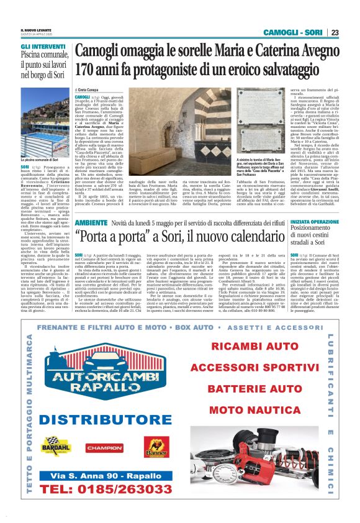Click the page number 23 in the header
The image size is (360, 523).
(335, 32)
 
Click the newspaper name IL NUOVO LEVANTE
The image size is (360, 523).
(35, 30)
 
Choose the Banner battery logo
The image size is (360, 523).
(156, 446)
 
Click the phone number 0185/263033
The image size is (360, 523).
(103, 490)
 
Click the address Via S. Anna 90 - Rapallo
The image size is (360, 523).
(104, 475)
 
